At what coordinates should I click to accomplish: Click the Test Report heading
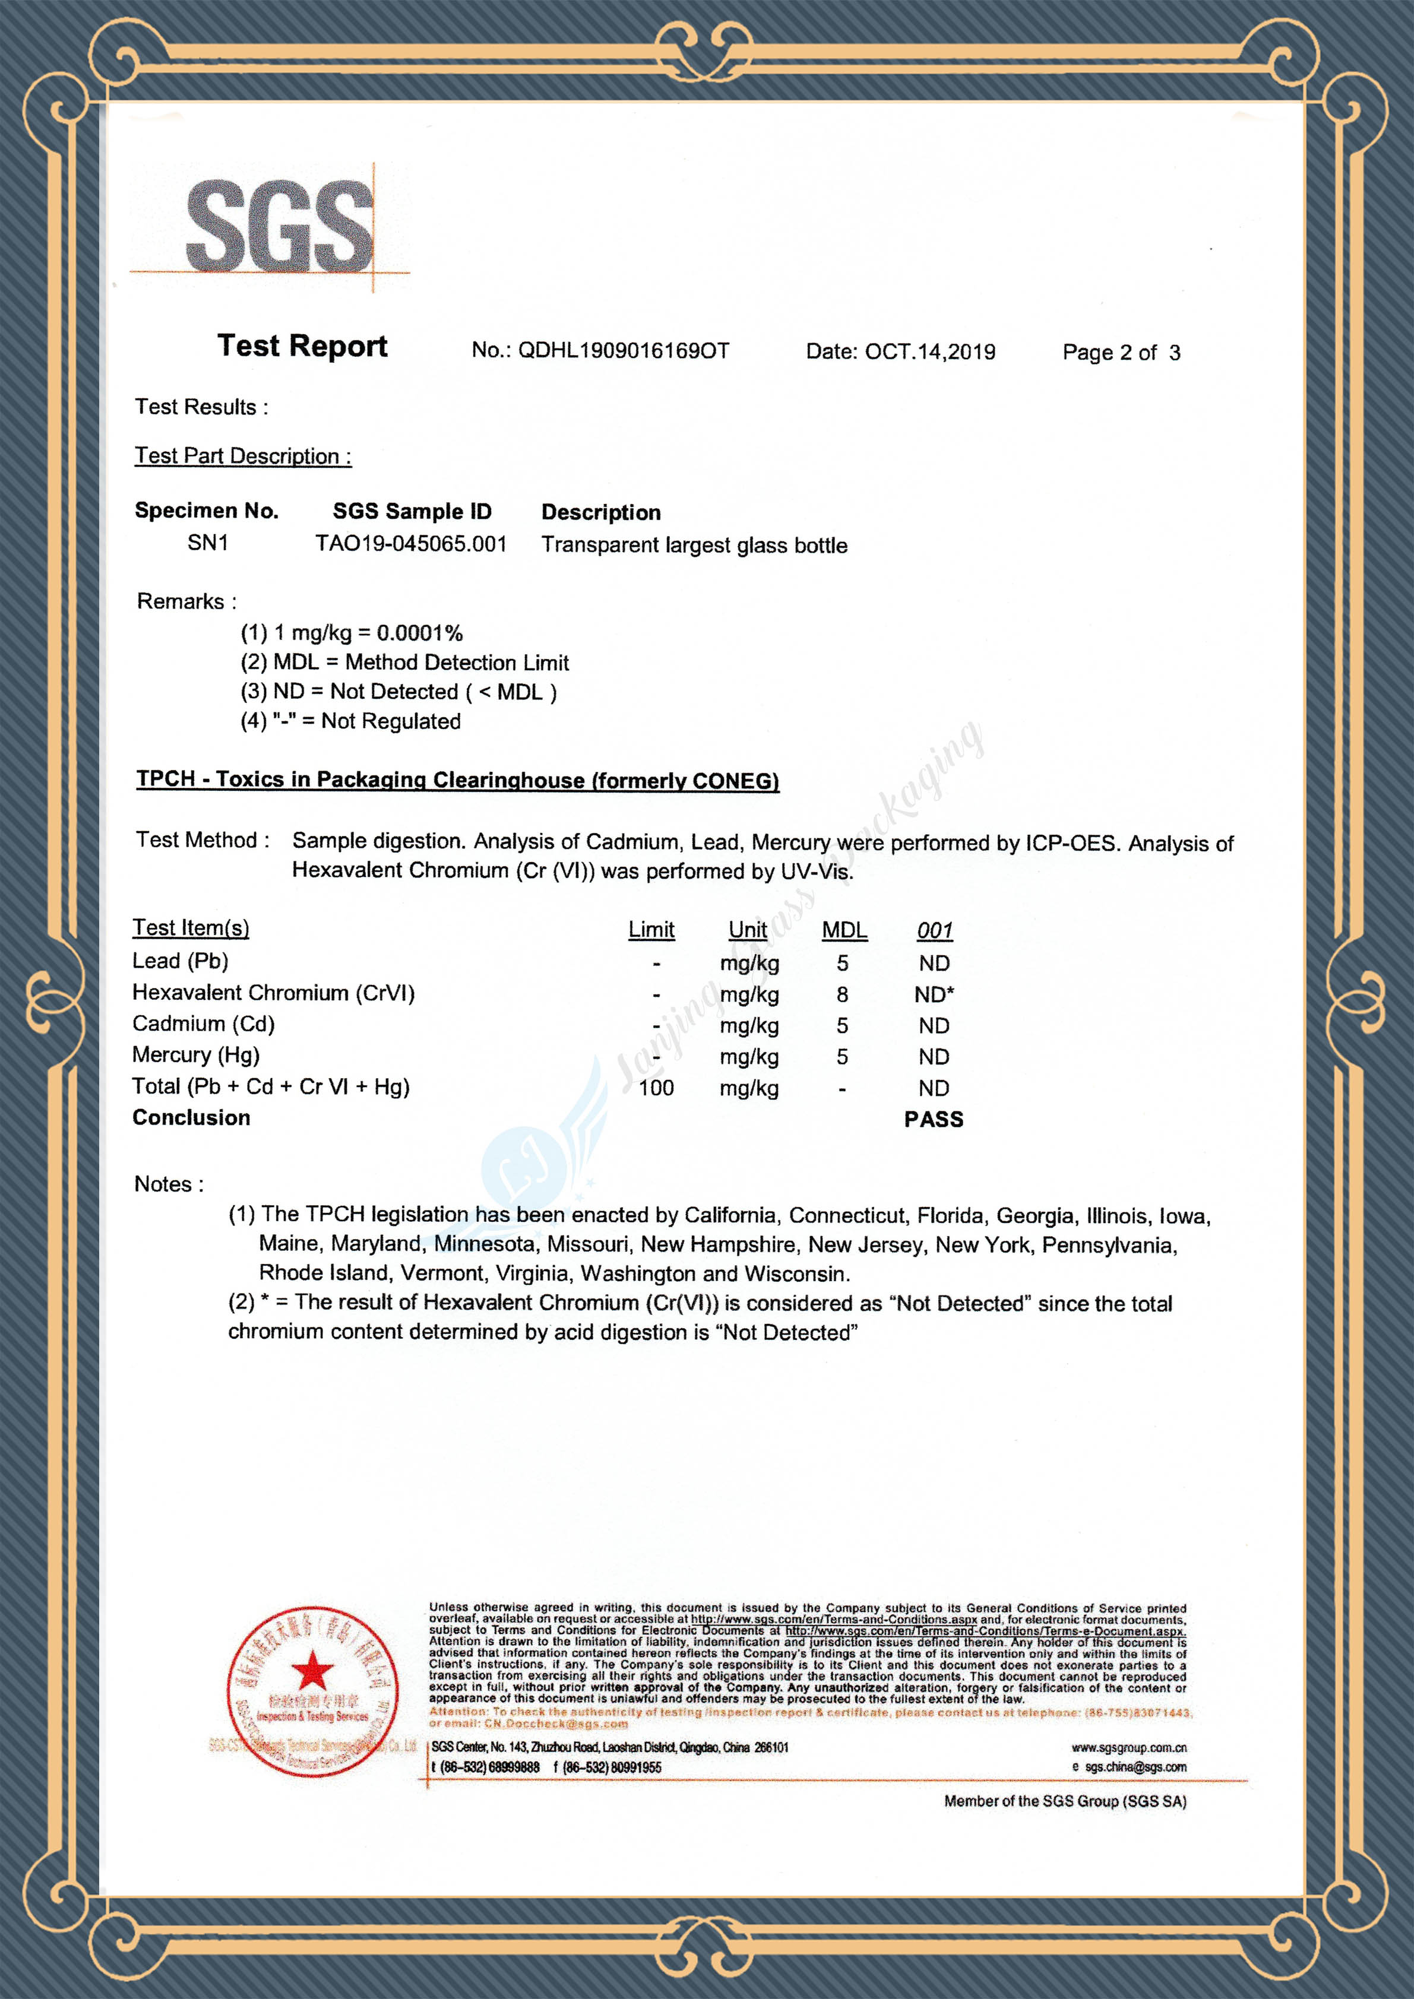pyautogui.click(x=302, y=346)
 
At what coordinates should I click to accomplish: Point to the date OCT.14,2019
pyautogui.click(x=930, y=351)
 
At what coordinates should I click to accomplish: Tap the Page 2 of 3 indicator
pyautogui.click(x=1121, y=353)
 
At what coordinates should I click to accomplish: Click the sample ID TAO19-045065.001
pyautogui.click(x=411, y=544)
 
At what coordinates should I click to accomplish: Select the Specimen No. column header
pyautogui.click(x=206, y=511)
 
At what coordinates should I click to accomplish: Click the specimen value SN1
pyautogui.click(x=207, y=543)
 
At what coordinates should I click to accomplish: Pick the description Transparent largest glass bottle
pyautogui.click(x=694, y=545)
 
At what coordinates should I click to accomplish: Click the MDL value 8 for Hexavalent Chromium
pyautogui.click(x=842, y=994)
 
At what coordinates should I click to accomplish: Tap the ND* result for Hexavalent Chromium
pyautogui.click(x=934, y=994)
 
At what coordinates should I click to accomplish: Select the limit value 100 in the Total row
pyautogui.click(x=656, y=1088)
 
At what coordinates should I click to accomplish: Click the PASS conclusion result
pyautogui.click(x=934, y=1120)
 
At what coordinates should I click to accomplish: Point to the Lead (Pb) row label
pyautogui.click(x=180, y=961)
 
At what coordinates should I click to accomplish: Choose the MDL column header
pyautogui.click(x=844, y=930)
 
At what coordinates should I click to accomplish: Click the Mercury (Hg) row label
pyautogui.click(x=196, y=1055)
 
